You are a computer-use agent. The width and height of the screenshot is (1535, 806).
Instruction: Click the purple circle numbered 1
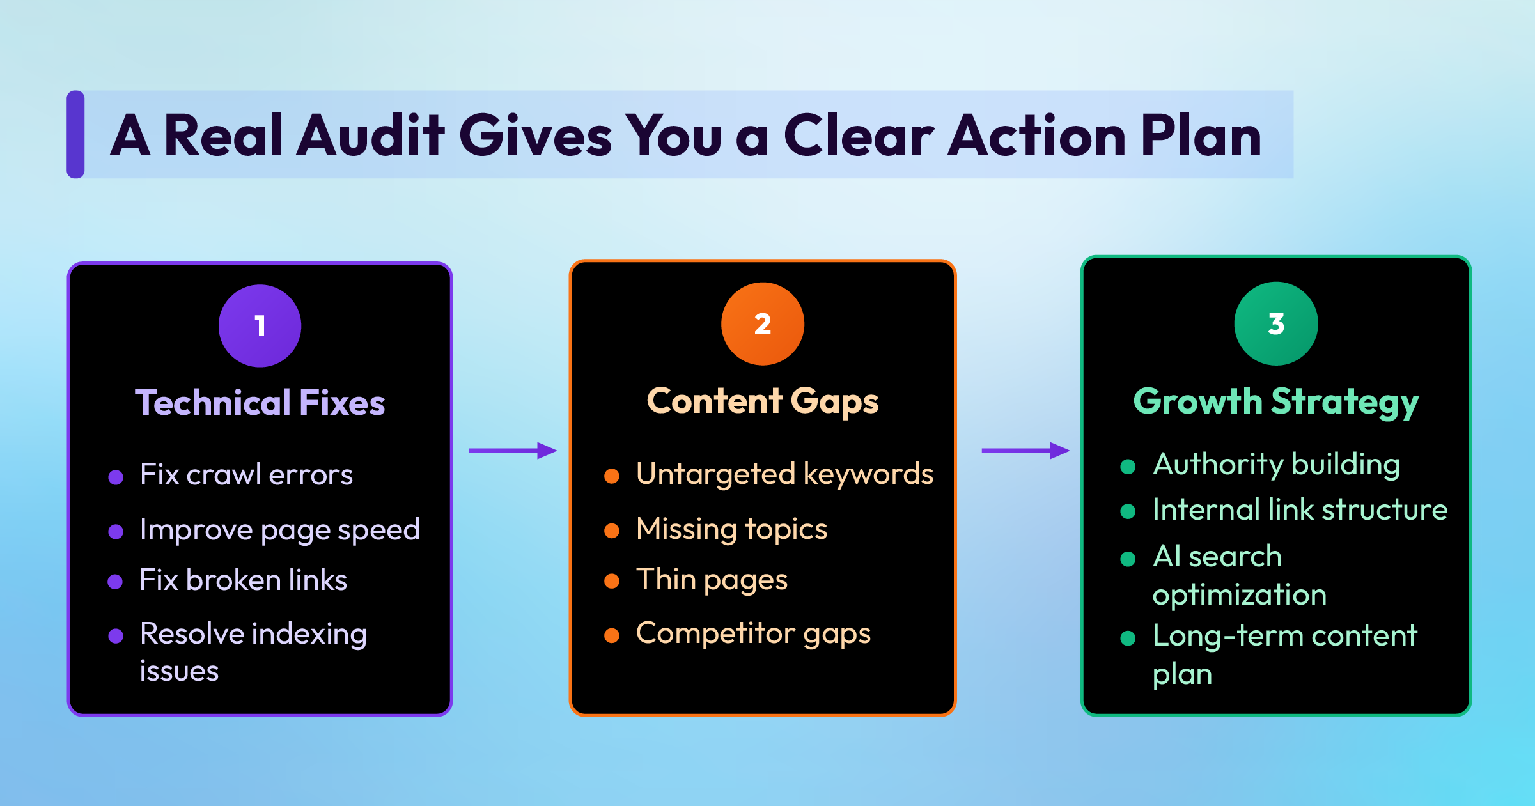260,326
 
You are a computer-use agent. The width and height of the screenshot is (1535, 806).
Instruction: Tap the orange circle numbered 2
763,324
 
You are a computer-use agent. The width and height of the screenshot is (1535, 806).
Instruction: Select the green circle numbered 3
1276,324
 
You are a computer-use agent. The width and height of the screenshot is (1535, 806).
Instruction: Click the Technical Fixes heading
260,403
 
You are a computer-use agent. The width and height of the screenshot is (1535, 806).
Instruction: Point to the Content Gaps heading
763,401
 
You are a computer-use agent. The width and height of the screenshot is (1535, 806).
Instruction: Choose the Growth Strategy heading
1276,402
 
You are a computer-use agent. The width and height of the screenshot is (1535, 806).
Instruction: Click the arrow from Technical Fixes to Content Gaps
513,451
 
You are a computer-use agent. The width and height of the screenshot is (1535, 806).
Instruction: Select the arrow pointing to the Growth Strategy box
1025,451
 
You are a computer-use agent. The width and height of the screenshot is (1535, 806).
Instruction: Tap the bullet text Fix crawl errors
246,475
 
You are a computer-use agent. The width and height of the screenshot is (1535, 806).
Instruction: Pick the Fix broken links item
244,580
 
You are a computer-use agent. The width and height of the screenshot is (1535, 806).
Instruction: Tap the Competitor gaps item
753,634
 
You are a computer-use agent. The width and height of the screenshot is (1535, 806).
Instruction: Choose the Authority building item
1276,465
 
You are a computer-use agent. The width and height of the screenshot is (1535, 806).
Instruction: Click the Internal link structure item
1300,510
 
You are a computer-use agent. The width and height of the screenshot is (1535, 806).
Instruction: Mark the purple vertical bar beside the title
75,134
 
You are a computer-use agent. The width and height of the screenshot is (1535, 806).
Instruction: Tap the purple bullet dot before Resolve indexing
116,636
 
